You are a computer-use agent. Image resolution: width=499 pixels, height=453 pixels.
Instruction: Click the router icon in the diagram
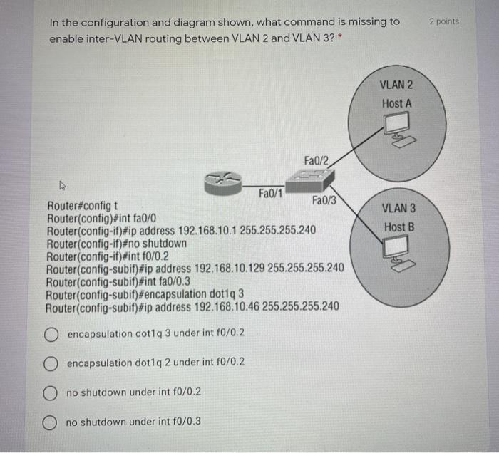pyautogui.click(x=223, y=182)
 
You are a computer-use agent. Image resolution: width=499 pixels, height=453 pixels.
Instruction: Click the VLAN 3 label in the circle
pyautogui.click(x=398, y=209)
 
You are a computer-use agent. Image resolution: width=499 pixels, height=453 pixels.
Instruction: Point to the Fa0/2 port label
pyautogui.click(x=316, y=161)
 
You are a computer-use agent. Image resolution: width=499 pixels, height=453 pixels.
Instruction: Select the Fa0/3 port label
pyautogui.click(x=324, y=202)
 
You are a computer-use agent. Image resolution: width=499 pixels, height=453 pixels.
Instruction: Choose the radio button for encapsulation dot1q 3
pyautogui.click(x=51, y=334)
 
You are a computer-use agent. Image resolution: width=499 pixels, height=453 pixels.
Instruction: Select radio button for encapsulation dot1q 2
pyautogui.click(x=51, y=363)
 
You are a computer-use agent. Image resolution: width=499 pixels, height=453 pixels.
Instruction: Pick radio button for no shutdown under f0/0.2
pyautogui.click(x=51, y=392)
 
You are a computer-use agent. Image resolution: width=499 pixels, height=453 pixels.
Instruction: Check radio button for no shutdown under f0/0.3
pyautogui.click(x=51, y=422)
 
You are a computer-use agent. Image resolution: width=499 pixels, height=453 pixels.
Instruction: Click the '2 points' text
pyautogui.click(x=444, y=21)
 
